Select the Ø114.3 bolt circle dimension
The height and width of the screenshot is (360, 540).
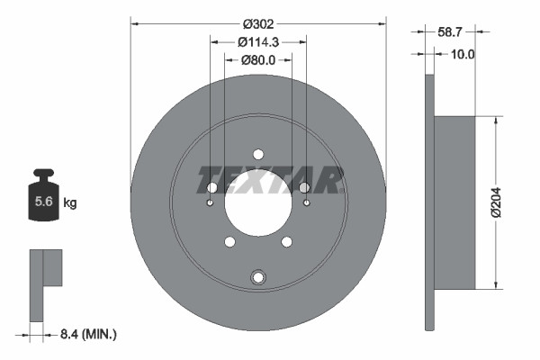click(x=258, y=41)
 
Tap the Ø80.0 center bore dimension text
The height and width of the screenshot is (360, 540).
click(x=258, y=60)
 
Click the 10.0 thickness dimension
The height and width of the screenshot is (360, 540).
click(x=461, y=54)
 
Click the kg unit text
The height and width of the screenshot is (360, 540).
click(x=70, y=203)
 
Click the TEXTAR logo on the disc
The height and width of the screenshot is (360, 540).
click(x=271, y=179)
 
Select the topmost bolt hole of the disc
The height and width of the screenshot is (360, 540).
click(x=258, y=154)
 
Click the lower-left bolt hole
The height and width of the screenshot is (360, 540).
click(x=229, y=241)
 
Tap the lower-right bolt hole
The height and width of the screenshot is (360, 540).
click(x=287, y=241)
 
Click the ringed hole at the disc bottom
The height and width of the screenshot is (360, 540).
click(x=258, y=276)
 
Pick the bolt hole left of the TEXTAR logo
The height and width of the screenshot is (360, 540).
click(x=212, y=187)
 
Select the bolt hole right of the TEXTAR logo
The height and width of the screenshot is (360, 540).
click(x=304, y=187)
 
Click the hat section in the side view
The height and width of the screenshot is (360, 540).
click(x=454, y=202)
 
